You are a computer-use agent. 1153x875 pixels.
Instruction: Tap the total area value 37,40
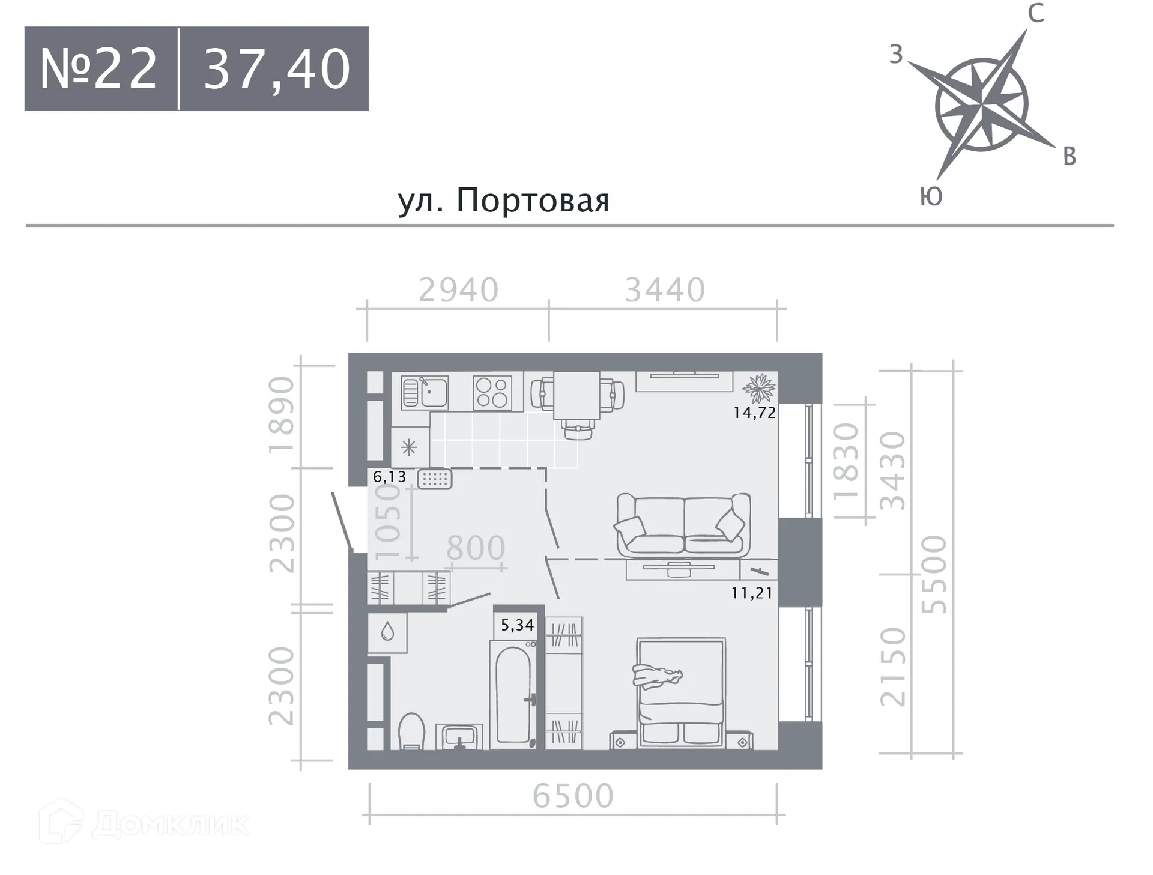click(x=277, y=69)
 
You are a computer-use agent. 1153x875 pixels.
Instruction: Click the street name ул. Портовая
click(x=503, y=200)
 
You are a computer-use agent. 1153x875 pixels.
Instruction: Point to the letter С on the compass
click(x=1035, y=13)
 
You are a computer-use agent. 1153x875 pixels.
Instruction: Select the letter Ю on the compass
click(x=931, y=196)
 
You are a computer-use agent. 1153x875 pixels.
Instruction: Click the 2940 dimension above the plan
click(x=458, y=290)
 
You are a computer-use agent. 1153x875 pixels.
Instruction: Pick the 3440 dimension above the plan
click(x=665, y=290)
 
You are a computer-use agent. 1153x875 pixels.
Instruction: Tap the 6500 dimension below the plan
click(x=573, y=796)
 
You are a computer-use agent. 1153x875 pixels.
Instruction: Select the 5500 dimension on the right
click(x=934, y=574)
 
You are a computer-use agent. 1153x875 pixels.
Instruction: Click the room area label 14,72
click(x=754, y=413)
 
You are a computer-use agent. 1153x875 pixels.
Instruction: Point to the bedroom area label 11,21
click(x=752, y=593)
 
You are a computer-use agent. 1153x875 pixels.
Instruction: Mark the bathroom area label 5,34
click(x=517, y=625)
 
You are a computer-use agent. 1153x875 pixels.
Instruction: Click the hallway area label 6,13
click(x=389, y=477)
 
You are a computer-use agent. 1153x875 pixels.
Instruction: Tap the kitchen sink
click(x=425, y=392)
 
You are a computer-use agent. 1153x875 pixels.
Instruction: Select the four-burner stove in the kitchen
click(x=492, y=392)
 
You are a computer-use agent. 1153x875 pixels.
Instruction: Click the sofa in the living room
click(x=683, y=525)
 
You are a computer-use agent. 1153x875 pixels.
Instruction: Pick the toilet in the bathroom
click(x=411, y=731)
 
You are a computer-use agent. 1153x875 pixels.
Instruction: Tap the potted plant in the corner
click(x=760, y=388)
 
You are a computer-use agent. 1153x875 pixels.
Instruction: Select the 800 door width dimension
click(x=476, y=548)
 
